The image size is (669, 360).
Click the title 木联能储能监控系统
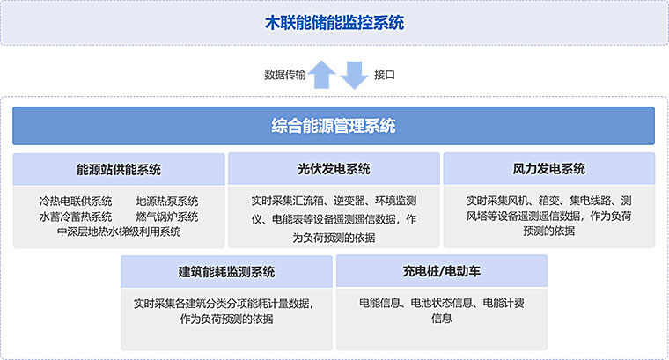pyautogui.click(x=334, y=23)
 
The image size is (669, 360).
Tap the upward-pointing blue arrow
pyautogui.click(x=321, y=75)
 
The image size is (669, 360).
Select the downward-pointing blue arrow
pyautogui.click(x=354, y=75)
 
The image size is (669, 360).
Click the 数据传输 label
pyautogui.click(x=285, y=75)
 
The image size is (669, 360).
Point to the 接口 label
pyautogui.click(x=385, y=75)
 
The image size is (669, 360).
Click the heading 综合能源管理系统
pyautogui.click(x=334, y=126)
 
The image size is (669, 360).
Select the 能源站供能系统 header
pyautogui.click(x=119, y=169)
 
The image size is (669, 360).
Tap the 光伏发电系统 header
pyautogui.click(x=334, y=169)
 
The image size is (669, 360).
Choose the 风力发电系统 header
pyautogui.click(x=549, y=169)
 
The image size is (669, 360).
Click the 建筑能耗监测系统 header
pyautogui.click(x=226, y=272)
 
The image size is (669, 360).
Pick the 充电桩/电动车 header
pyautogui.click(x=442, y=271)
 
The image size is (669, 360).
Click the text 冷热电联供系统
pyautogui.click(x=76, y=201)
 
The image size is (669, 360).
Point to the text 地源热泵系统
pyautogui.click(x=167, y=201)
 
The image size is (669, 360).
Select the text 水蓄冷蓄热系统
pyautogui.click(x=76, y=217)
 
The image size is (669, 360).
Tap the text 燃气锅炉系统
pyautogui.click(x=167, y=217)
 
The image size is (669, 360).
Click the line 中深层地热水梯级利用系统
pyautogui.click(x=119, y=231)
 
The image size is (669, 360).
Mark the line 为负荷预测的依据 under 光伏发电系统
pyautogui.click(x=334, y=238)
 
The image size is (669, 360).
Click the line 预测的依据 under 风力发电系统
pyautogui.click(x=549, y=231)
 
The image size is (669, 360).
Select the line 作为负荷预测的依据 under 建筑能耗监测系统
pyautogui.click(x=226, y=319)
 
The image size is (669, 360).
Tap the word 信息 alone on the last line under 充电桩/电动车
pyautogui.click(x=442, y=319)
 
